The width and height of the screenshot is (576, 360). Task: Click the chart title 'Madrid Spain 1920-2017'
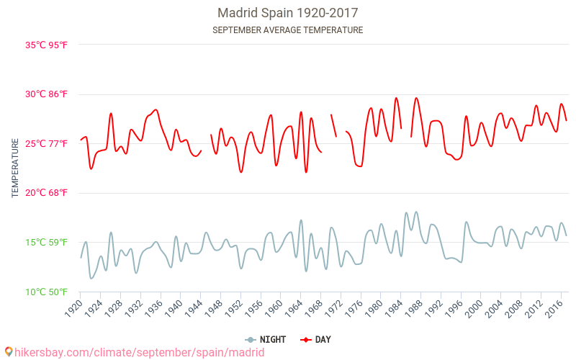(288, 13)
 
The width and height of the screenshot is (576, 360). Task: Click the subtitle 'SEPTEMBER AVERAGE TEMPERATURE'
(288, 30)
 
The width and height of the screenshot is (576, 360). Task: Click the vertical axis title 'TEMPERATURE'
(15, 168)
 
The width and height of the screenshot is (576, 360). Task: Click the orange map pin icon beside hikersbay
(9, 352)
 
